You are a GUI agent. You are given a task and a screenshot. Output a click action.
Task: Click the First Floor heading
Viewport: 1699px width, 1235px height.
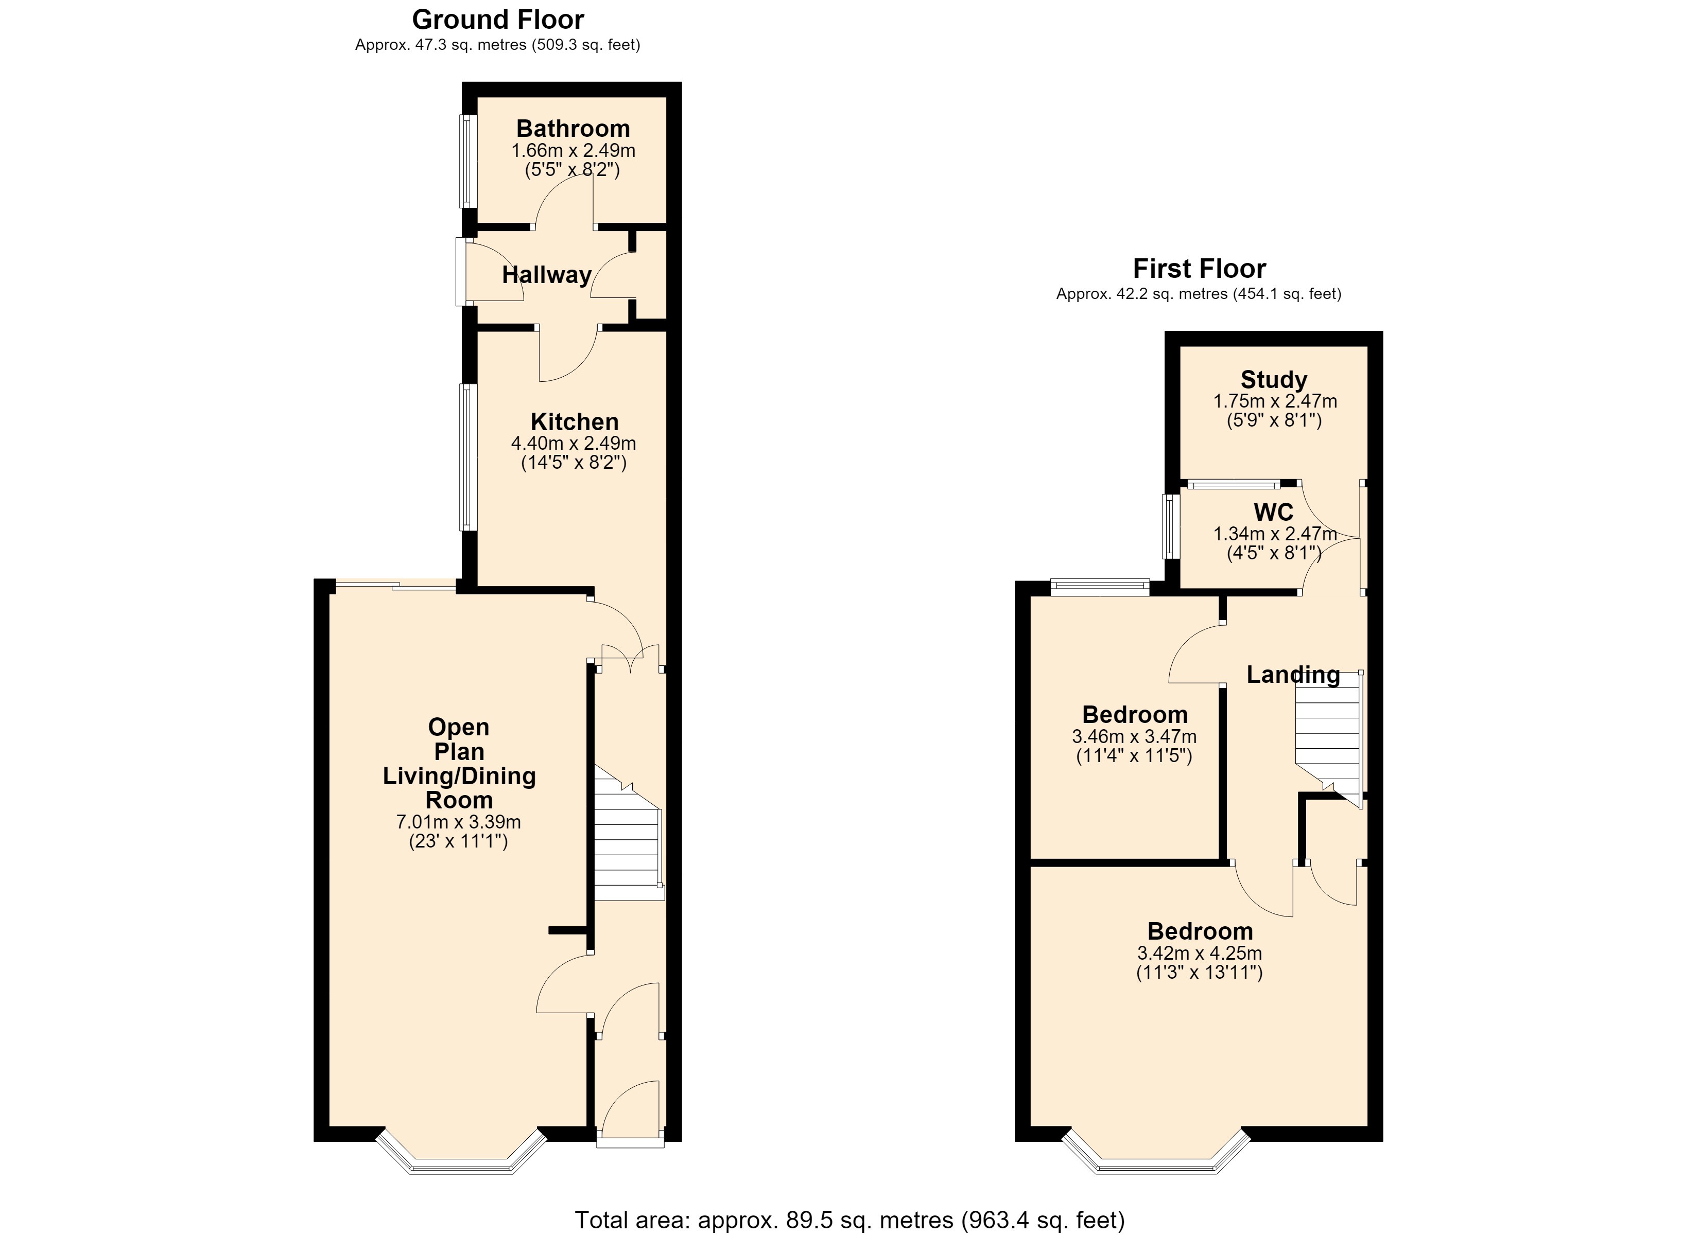tap(1199, 268)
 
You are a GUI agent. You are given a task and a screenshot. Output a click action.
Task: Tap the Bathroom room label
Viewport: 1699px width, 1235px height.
tap(573, 128)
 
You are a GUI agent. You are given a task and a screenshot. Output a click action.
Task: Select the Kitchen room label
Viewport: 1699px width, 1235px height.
tap(575, 421)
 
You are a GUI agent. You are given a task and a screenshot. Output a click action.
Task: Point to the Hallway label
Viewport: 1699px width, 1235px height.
tap(547, 275)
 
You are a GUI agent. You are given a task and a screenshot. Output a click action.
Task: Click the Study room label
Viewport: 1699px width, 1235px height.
tap(1274, 380)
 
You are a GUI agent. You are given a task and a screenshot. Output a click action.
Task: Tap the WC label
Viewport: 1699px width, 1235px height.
tap(1274, 513)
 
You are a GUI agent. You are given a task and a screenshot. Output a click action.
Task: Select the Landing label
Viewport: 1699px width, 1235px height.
tap(1293, 675)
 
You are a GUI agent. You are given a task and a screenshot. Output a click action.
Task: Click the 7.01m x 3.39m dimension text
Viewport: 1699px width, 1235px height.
tap(458, 822)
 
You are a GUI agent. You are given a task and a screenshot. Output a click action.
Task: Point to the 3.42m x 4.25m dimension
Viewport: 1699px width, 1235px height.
tap(1199, 954)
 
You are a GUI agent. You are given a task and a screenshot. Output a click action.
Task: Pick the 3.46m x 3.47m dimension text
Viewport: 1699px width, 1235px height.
tap(1134, 737)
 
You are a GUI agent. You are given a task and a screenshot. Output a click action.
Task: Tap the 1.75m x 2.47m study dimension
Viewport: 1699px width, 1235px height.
tap(1274, 401)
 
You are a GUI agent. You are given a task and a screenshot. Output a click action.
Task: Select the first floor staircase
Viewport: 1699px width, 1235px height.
tap(1329, 738)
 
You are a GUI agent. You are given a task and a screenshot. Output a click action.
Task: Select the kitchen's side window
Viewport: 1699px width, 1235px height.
tap(467, 457)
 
